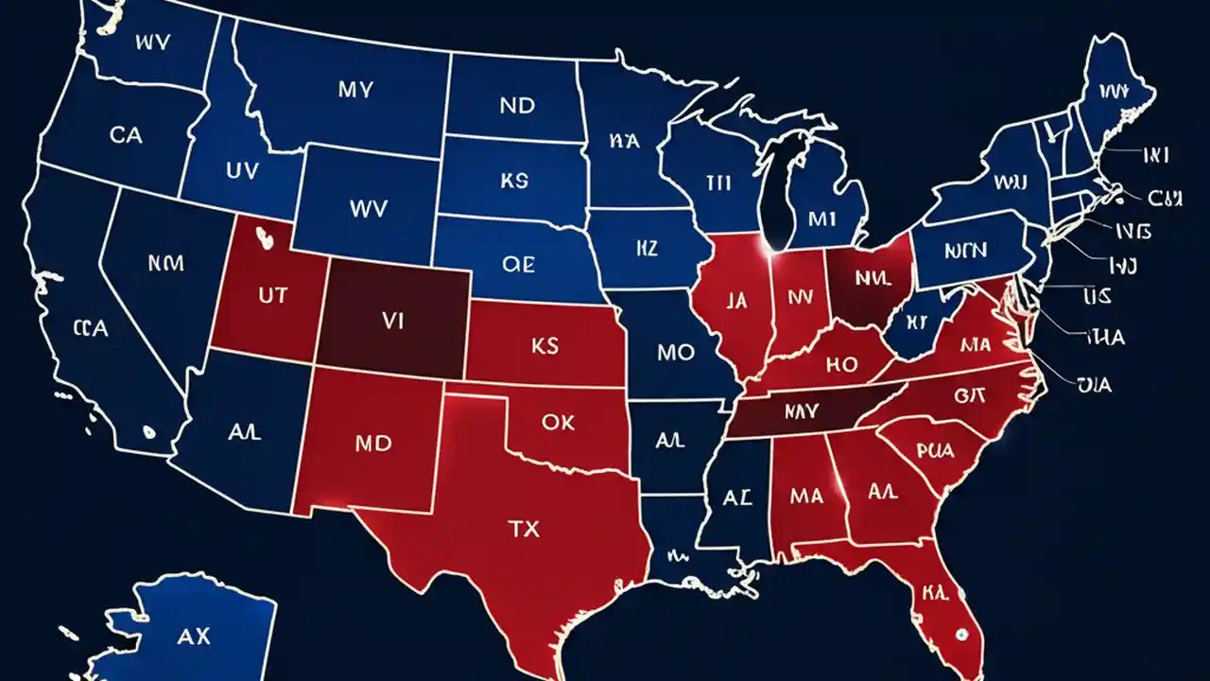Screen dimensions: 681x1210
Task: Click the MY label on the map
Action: [x=354, y=91]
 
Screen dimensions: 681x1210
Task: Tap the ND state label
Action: [x=517, y=106]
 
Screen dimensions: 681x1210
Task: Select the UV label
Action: [x=241, y=170]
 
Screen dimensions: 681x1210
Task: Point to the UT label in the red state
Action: [x=271, y=294]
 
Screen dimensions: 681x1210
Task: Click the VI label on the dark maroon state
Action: [x=392, y=322]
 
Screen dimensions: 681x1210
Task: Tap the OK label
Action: [x=558, y=423]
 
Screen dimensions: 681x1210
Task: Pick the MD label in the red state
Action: [x=372, y=444]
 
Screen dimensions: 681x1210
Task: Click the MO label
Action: [x=675, y=353]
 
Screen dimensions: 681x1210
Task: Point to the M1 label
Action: [x=823, y=218]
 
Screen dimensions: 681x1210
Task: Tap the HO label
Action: [x=839, y=364]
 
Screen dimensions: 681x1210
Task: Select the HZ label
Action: [x=647, y=249]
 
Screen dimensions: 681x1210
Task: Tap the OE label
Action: [x=517, y=265]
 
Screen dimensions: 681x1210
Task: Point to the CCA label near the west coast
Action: [x=90, y=329]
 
